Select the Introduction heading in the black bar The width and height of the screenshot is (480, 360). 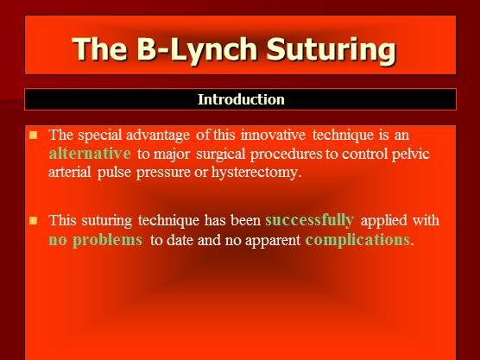tap(241, 99)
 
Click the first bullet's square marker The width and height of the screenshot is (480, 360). tap(34, 135)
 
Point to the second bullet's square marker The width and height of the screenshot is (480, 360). tap(34, 220)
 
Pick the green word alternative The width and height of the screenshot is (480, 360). tap(90, 154)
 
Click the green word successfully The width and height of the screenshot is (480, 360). tap(309, 219)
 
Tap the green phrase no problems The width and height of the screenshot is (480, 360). tap(95, 240)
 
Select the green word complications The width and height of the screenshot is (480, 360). tap(358, 240)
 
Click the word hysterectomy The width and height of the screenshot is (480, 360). tap(269, 172)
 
